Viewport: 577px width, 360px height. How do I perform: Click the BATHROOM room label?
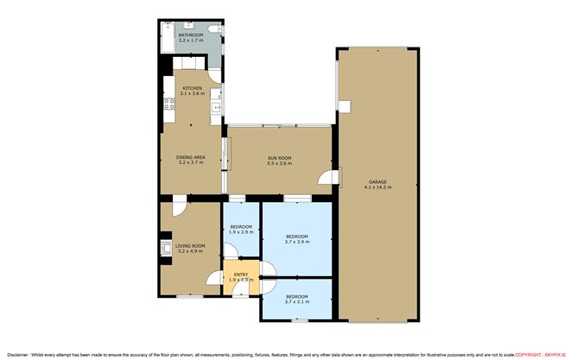pyautogui.click(x=190, y=35)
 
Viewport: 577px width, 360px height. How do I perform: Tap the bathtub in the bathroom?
pyautogui.click(x=165, y=40)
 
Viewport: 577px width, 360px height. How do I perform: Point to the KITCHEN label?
pyautogui.click(x=191, y=88)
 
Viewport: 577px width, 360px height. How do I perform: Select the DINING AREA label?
pyautogui.click(x=190, y=157)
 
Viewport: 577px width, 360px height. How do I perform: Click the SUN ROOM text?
pyautogui.click(x=279, y=158)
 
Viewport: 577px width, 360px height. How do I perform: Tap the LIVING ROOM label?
pyautogui.click(x=190, y=247)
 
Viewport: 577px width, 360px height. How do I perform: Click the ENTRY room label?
pyautogui.click(x=239, y=275)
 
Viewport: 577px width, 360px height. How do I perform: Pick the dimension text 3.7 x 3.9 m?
pyautogui.click(x=296, y=242)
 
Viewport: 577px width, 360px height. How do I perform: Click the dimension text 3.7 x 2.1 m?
pyautogui.click(x=296, y=300)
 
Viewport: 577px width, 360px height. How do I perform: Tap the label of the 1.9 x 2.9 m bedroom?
pyautogui.click(x=240, y=227)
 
